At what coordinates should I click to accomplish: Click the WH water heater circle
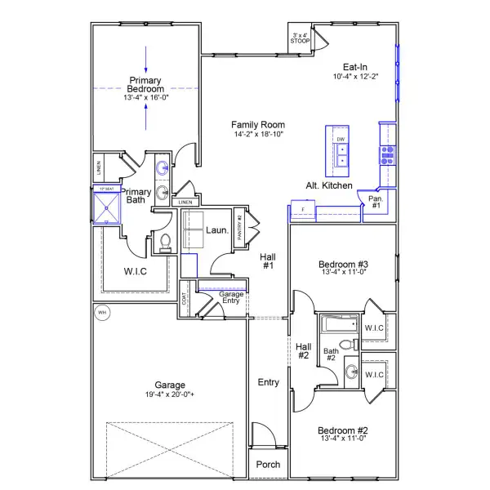tap(102, 314)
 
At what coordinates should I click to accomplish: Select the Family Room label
tap(256, 124)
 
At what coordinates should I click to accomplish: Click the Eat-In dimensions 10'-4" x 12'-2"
tap(354, 77)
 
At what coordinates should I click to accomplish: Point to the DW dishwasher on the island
tap(341, 140)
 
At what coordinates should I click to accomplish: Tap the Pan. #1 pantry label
tap(376, 203)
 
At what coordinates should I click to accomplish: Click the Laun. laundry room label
tap(216, 230)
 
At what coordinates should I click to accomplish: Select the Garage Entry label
tap(219, 297)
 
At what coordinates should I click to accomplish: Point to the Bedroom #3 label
tap(344, 265)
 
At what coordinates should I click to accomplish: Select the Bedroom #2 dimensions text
tap(344, 439)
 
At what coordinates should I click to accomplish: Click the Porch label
tap(268, 465)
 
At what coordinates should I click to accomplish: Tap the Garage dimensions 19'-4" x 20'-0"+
tap(171, 394)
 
